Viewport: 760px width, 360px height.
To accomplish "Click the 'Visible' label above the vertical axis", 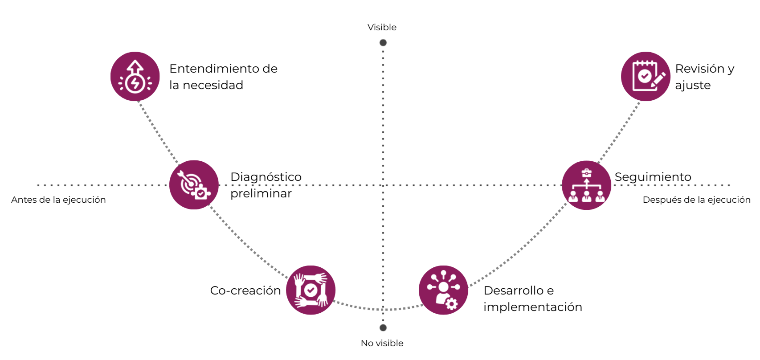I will click(382, 27).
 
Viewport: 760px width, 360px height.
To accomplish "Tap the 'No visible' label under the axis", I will click(382, 343).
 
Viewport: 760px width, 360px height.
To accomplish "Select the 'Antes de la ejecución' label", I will click(58, 200).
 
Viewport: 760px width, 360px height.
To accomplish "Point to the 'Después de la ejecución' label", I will click(696, 200).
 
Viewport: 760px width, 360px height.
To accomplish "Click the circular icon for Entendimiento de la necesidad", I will click(135, 77).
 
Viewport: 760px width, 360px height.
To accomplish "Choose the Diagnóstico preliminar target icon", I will click(194, 185).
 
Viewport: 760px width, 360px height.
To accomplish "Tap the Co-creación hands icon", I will click(311, 290).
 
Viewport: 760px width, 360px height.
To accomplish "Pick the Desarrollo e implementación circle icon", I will click(443, 290).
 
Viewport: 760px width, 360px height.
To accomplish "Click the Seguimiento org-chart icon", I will click(586, 185).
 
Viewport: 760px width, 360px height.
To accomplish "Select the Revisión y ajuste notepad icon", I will click(646, 77).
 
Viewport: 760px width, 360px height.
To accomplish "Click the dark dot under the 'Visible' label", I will click(383, 43).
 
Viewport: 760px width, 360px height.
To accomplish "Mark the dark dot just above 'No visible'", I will click(383, 328).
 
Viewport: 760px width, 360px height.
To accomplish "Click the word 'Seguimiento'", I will click(653, 177).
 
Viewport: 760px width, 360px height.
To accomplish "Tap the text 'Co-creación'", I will click(245, 290).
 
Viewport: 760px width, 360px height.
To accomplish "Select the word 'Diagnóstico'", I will click(266, 177).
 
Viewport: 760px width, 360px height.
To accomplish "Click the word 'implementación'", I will click(532, 307).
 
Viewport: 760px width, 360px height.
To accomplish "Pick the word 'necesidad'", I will click(213, 85).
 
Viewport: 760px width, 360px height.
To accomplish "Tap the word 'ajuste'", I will click(693, 85).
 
